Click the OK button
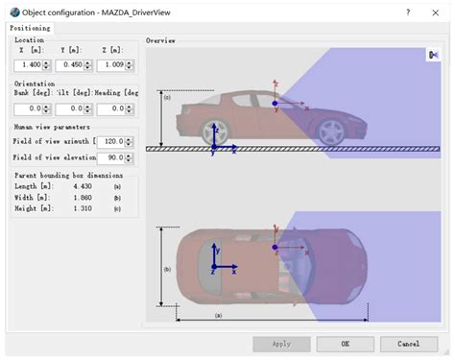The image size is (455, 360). tap(345, 343)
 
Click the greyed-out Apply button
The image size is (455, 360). tap(281, 343)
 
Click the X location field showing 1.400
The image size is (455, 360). tap(26, 65)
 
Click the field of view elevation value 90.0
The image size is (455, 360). tap(111, 156)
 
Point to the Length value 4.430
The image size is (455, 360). tap(76, 187)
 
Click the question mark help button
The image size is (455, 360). tap(409, 11)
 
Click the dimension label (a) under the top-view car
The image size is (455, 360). tap(218, 314)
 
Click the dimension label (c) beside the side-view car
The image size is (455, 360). tap(166, 97)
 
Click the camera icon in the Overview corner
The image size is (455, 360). tap(433, 56)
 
